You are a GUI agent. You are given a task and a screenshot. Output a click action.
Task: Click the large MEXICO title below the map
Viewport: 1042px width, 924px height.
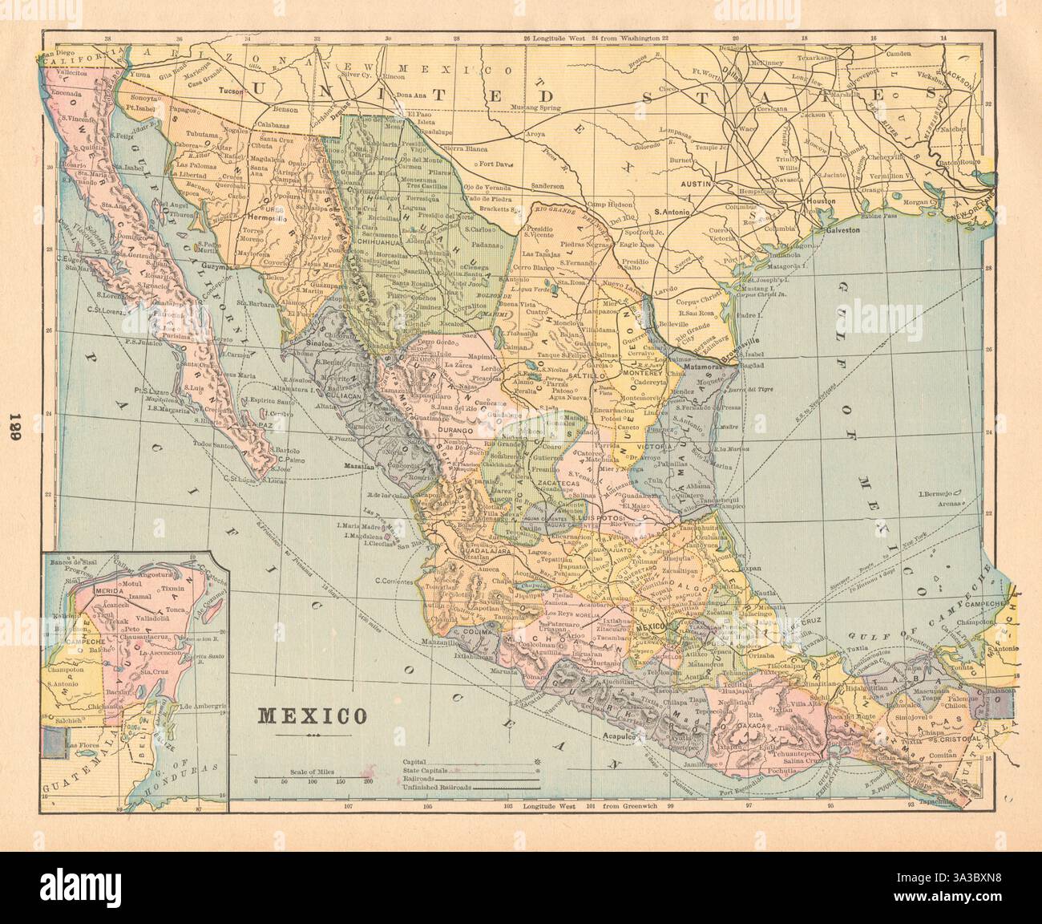coord(309,715)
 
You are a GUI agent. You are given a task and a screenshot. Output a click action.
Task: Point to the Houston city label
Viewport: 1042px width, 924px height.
coord(822,201)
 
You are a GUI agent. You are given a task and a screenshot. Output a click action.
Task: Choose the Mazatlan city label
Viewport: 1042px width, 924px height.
coord(358,464)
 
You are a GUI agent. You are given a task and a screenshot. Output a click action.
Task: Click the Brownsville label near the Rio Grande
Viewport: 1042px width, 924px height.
coord(741,351)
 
